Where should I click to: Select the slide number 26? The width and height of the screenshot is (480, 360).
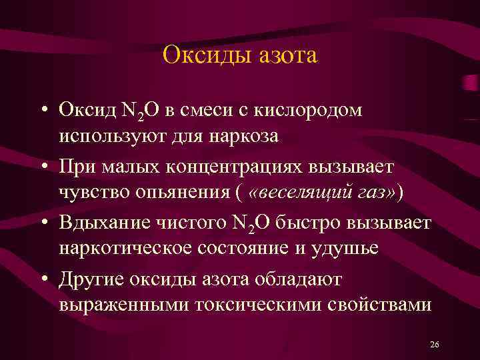435,345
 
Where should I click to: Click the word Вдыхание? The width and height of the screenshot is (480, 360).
103,221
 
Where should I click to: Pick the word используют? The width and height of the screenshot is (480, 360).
111,136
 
